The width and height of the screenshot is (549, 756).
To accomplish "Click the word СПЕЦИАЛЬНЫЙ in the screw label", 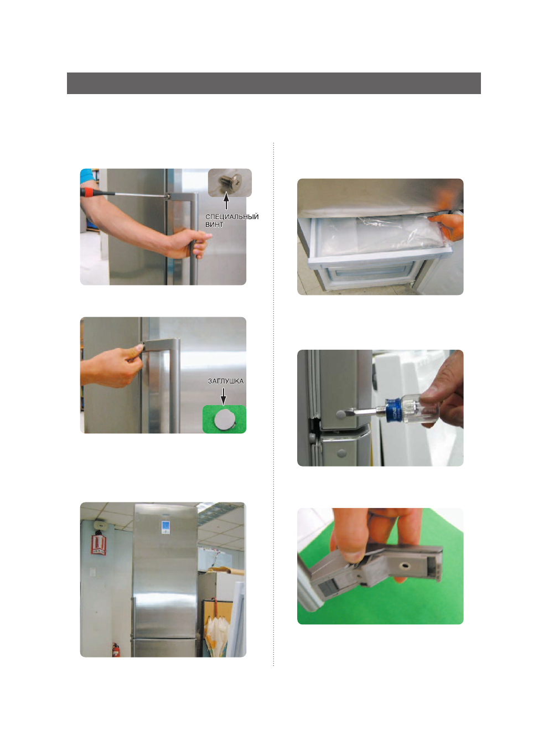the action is (x=232, y=217).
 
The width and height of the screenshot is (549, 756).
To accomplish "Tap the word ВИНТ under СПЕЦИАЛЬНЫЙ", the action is (x=214, y=225).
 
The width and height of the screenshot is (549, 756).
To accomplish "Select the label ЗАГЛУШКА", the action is (x=225, y=381).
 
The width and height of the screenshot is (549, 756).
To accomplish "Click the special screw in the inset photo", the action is (x=232, y=181).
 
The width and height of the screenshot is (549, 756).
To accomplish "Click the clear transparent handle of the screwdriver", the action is (x=418, y=408).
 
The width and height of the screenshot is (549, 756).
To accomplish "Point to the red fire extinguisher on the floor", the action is (x=116, y=650).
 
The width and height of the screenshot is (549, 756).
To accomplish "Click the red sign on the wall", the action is (x=99, y=543).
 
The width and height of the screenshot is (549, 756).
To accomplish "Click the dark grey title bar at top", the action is (x=273, y=83).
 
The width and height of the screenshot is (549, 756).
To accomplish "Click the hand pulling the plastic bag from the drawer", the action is (x=447, y=227).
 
